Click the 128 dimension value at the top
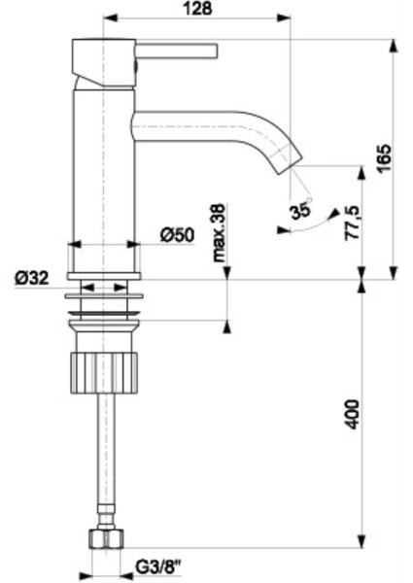198,8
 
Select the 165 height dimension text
384,158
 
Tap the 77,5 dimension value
352,223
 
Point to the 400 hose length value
352,414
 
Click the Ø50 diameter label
177,235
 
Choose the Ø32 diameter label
32,277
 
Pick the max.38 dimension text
219,233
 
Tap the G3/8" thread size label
157,567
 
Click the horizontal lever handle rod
176,51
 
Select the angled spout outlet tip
288,159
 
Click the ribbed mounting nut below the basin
104,373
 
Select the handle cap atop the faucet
103,63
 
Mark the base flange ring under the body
104,276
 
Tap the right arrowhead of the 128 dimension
283,17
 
